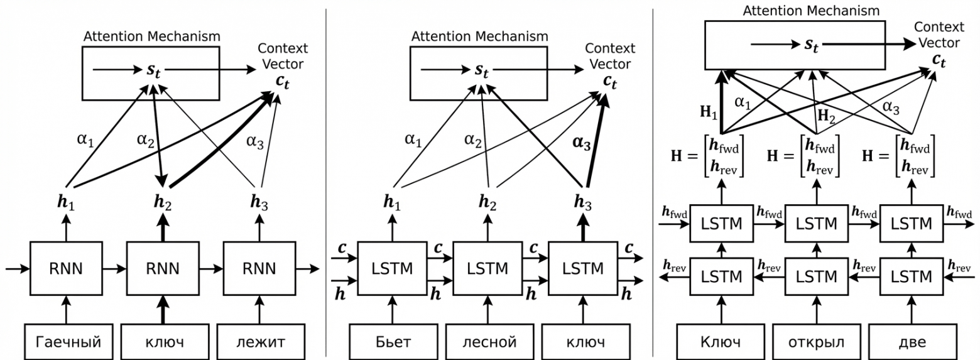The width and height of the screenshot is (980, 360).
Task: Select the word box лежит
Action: click(x=261, y=342)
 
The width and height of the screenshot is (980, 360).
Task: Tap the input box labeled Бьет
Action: click(x=394, y=342)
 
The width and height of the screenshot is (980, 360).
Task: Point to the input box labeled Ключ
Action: click(x=719, y=342)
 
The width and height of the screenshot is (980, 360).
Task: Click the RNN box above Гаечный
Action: click(x=65, y=269)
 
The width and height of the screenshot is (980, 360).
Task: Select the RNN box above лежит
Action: click(x=259, y=269)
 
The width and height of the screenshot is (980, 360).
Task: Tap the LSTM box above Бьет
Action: click(x=394, y=269)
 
